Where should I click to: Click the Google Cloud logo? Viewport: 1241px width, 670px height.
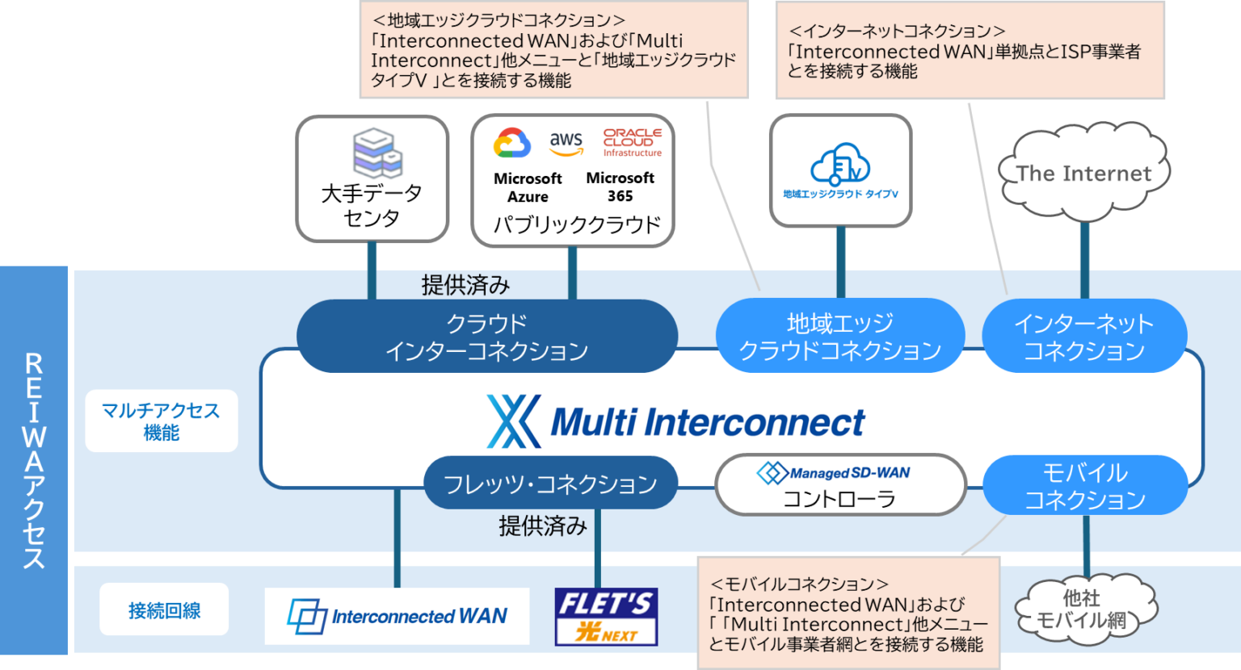(512, 143)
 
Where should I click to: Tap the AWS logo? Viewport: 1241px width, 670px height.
(566, 143)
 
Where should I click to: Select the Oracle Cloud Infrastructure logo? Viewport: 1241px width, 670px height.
(633, 142)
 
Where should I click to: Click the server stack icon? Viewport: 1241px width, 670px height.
(377, 152)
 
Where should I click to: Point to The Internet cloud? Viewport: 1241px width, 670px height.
(1083, 172)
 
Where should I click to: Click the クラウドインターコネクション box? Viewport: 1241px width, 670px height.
(486, 337)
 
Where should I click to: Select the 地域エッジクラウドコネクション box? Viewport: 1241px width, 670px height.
(840, 337)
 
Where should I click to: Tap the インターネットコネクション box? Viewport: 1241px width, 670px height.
(1083, 337)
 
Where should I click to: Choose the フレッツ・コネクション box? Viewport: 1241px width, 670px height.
(550, 484)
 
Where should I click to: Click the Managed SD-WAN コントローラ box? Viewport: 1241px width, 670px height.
(840, 485)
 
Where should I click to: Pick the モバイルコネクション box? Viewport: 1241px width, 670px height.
(1084, 486)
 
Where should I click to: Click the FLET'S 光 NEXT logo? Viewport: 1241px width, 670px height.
(606, 617)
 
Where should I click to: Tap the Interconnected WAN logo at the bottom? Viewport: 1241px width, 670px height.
(398, 617)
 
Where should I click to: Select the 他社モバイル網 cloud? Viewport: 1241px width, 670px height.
(1083, 609)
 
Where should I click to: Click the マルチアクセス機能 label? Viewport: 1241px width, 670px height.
(162, 421)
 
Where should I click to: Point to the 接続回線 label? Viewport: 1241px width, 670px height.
(164, 610)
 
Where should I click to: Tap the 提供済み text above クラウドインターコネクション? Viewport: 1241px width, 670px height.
(465, 285)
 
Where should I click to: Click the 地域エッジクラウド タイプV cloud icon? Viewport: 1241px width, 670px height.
(840, 165)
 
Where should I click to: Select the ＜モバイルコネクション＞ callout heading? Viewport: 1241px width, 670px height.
(799, 584)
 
